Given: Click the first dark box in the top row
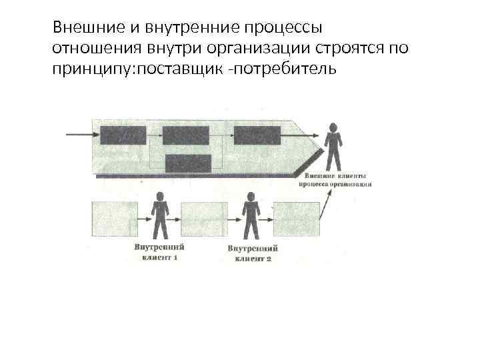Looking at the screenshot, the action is point(123,135).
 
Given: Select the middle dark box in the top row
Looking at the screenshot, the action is point(186,135).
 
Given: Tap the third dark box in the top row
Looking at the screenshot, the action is point(257,135).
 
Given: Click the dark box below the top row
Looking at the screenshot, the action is point(188,164).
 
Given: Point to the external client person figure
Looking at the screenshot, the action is point(332,147).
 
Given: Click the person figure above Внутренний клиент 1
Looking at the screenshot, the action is point(160,215).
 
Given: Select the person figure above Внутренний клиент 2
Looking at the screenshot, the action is point(251,215).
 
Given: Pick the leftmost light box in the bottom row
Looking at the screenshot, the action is point(114,219).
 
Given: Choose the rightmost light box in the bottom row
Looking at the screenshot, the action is point(297,219).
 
